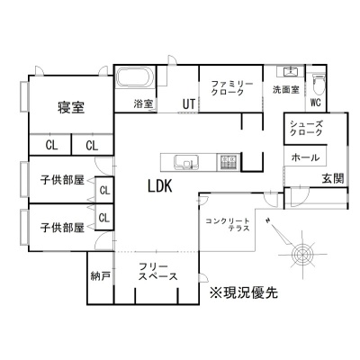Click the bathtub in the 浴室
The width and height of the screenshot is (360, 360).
pyautogui.click(x=135, y=77)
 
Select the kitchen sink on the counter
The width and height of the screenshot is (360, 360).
pyautogui.click(x=185, y=163)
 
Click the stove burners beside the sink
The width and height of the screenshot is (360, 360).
pyautogui.click(x=229, y=162)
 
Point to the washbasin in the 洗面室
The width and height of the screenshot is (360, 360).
pyautogui.click(x=290, y=72)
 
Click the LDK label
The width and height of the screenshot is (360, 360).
pyautogui.click(x=160, y=186)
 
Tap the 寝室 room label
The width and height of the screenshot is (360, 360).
pyautogui.click(x=71, y=107)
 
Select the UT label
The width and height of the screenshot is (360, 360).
pyautogui.click(x=189, y=104)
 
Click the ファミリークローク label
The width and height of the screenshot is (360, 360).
pyautogui.click(x=232, y=87)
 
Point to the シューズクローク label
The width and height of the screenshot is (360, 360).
pyautogui.click(x=306, y=128)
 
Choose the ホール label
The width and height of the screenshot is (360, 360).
pyautogui.click(x=305, y=157)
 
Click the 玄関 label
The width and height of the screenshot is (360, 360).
pyautogui.click(x=333, y=178)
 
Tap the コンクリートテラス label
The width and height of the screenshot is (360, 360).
pyautogui.click(x=228, y=225)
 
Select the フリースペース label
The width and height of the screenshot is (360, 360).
pyautogui.click(x=157, y=272)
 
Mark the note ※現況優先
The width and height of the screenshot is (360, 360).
pyautogui.click(x=244, y=292)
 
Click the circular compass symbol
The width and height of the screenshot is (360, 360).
pyautogui.click(x=303, y=254)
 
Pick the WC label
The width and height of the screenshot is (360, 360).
pyautogui.click(x=316, y=103)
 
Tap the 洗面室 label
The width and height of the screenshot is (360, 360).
pyautogui.click(x=285, y=89)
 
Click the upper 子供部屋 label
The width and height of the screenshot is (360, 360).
pyautogui.click(x=62, y=180)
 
